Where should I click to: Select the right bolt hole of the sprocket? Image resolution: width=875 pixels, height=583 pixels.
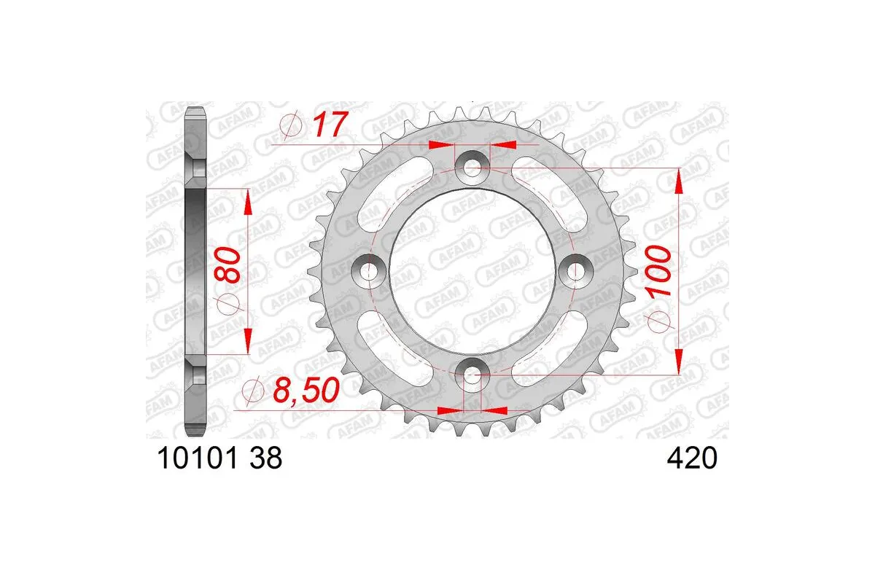pyautogui.click(x=577, y=272)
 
